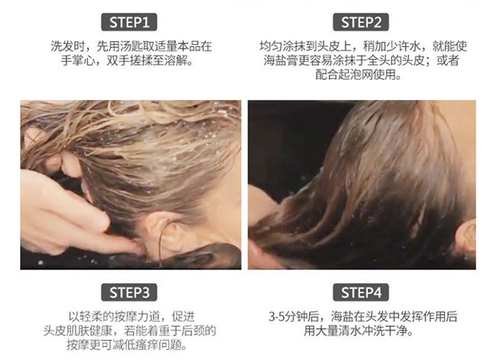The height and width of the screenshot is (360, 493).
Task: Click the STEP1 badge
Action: click(x=129, y=22)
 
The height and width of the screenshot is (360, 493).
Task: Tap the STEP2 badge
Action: click(x=361, y=22)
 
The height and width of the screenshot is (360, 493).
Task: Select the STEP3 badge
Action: click(x=129, y=293)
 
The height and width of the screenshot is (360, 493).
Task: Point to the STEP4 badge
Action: click(x=361, y=293)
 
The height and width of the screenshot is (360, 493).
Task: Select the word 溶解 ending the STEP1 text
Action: click(x=176, y=61)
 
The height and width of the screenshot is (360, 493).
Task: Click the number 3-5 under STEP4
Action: click(x=276, y=316)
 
